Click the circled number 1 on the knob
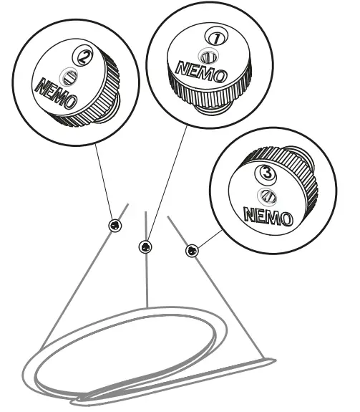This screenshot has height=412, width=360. tap(216, 38)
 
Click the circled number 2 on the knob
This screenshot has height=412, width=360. tap(83, 55)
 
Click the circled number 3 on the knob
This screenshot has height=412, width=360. tap(266, 173)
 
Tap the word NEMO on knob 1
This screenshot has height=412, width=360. tap(201, 72)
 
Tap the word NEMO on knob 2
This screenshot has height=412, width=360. tap(56, 94)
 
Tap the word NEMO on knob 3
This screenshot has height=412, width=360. tap(268, 216)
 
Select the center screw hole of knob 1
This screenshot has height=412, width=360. tap(208, 56)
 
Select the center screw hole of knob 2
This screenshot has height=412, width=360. tap(69, 77)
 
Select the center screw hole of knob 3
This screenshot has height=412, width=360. tap(268, 196)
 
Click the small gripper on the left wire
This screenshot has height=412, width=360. tap(115, 225)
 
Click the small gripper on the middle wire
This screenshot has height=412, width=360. tap(145, 246)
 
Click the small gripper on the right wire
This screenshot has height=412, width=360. tap(192, 251)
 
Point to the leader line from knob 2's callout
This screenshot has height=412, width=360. tap(103, 181)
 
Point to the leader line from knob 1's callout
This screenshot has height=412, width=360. tap(167, 183)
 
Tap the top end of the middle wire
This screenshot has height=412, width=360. tap(145, 212)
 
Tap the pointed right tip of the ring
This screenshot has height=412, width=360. tap(275, 360)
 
